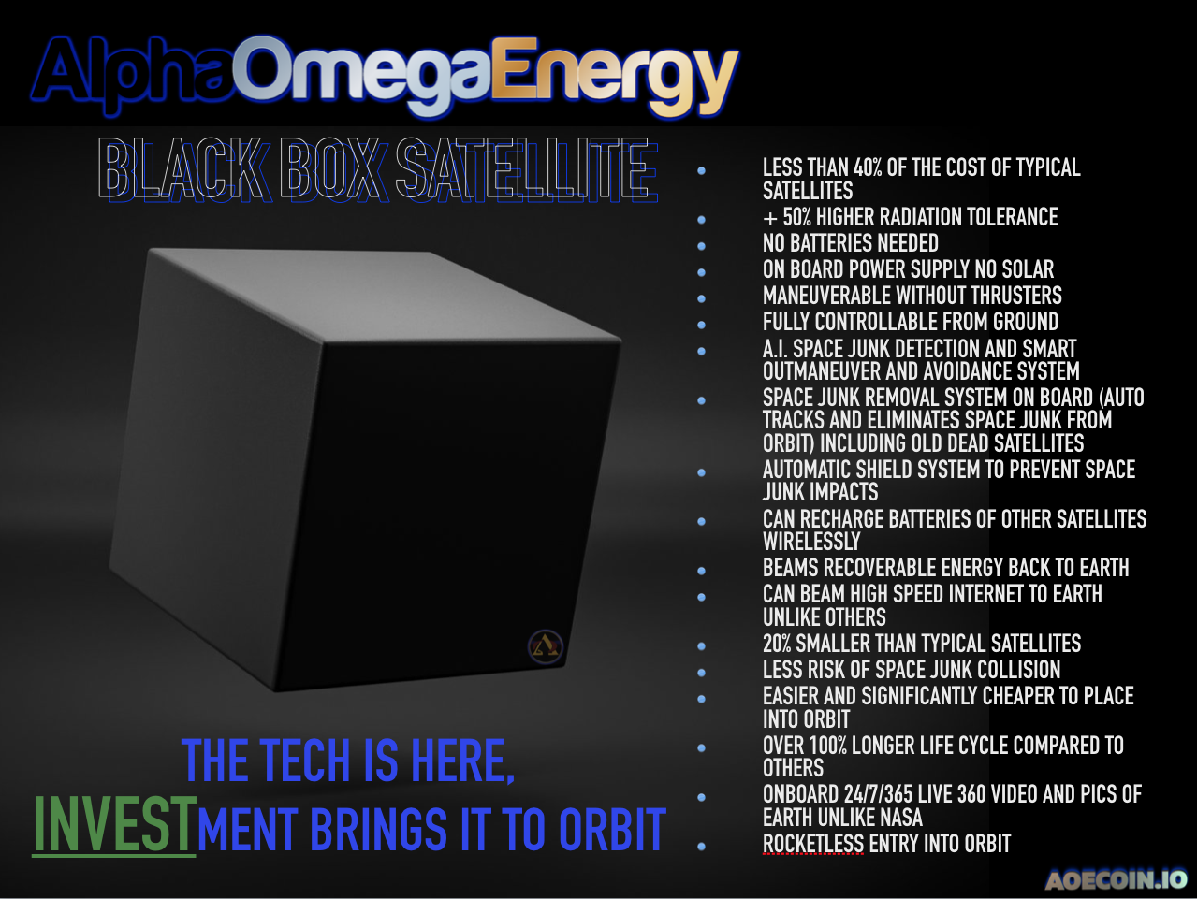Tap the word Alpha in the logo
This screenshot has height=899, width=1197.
pos(131,73)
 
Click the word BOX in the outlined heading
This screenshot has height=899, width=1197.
pos(331,169)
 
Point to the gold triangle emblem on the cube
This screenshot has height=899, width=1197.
pos(546,645)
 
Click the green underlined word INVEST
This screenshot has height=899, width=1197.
pos(114,826)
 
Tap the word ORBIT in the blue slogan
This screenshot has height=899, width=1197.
pos(611,830)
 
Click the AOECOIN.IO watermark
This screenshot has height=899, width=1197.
pos(1116,879)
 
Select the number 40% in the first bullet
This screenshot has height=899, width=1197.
pos(868,168)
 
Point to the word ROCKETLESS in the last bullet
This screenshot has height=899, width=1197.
pos(813,844)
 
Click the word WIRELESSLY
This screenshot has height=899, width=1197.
pos(811,542)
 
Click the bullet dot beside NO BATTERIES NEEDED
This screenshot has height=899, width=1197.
pos(701,246)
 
